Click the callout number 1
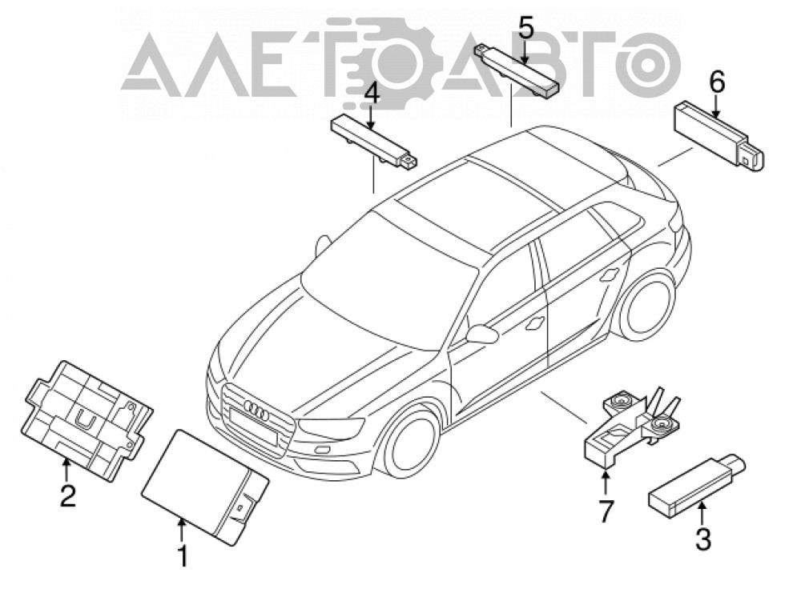183,555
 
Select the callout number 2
67,495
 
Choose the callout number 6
717,82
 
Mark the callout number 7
606,512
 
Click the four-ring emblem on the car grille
256,410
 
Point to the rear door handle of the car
609,275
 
